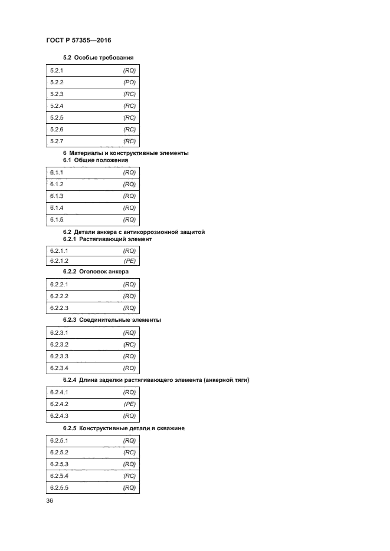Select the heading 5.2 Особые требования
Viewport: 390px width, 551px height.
(x=98, y=57)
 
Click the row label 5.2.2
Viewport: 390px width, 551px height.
(x=57, y=83)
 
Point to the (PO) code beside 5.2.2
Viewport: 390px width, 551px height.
(x=129, y=83)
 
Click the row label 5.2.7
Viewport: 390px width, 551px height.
(x=57, y=141)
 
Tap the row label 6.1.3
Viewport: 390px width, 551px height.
(x=57, y=196)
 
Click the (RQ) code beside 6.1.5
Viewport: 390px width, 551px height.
(x=129, y=220)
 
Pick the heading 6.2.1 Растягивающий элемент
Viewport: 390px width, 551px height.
(x=107, y=239)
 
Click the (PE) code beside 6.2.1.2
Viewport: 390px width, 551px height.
(x=130, y=260)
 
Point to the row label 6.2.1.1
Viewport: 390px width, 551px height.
(x=59, y=250)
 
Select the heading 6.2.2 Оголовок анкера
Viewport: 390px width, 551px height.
(x=96, y=272)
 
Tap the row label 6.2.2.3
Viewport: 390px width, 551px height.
(x=59, y=308)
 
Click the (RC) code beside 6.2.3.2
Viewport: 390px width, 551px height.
(x=130, y=344)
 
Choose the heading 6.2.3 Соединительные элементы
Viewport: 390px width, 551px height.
(x=112, y=320)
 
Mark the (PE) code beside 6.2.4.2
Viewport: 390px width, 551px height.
(x=130, y=404)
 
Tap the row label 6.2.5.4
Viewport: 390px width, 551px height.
(x=59, y=476)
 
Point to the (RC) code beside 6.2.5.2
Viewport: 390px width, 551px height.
(x=130, y=453)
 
